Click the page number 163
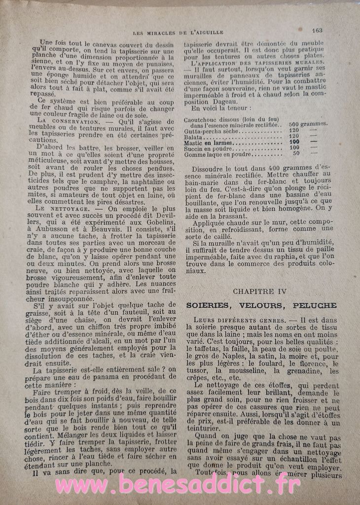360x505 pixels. (x=317, y=30)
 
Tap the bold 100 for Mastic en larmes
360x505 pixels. (x=296, y=143)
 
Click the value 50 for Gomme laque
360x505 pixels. (x=296, y=154)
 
